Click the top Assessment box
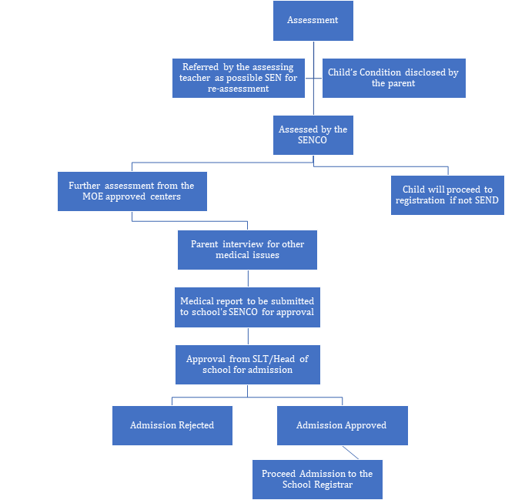click(313, 21)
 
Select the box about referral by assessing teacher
click(239, 78)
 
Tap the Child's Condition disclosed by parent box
click(394, 78)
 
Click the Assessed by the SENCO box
click(313, 135)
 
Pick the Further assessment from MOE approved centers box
click(132, 192)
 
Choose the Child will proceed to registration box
click(447, 195)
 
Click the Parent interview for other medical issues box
click(247, 250)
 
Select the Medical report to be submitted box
click(247, 307)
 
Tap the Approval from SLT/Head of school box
click(248, 364)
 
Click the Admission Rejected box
click(172, 425)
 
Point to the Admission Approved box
click(343, 425)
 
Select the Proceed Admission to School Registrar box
click(318, 479)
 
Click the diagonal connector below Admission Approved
click(350, 452)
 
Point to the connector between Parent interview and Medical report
click(248, 278)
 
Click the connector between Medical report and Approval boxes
click(248, 336)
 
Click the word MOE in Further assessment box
click(92, 196)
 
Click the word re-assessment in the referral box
click(239, 89)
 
